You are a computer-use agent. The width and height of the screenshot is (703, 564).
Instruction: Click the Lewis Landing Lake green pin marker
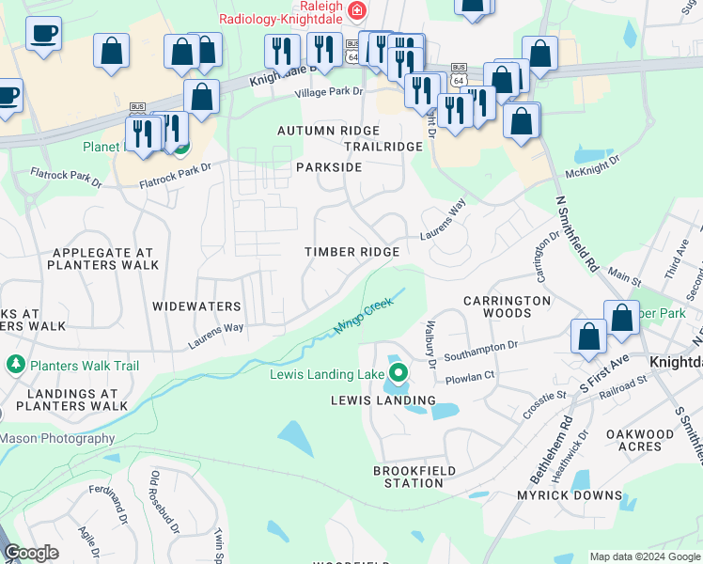click(x=398, y=374)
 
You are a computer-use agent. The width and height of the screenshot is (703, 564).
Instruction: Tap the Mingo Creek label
click(x=363, y=317)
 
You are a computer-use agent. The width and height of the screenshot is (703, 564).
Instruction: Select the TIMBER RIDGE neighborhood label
click(x=352, y=252)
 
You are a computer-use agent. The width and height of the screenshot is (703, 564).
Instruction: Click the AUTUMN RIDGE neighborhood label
click(x=328, y=131)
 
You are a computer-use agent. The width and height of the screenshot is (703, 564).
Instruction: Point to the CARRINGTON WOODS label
click(x=507, y=307)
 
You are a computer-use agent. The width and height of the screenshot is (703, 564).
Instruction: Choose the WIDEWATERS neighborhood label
click(x=197, y=306)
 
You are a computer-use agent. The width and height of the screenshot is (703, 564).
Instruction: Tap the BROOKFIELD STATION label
click(x=414, y=477)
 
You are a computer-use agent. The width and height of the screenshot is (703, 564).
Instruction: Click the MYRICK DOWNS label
click(x=570, y=495)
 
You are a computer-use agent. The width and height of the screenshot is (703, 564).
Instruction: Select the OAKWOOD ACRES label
click(x=640, y=440)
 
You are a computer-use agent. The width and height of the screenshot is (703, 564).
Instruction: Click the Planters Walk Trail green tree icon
click(x=15, y=364)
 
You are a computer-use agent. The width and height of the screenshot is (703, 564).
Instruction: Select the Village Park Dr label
click(x=328, y=92)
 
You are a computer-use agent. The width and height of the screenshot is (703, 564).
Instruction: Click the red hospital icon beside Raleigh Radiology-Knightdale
click(x=356, y=11)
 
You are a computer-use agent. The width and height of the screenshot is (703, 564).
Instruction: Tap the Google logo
click(x=32, y=553)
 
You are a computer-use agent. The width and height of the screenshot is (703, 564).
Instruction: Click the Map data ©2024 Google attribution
click(x=644, y=557)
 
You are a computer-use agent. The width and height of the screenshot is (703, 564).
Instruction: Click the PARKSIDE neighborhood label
click(x=329, y=166)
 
